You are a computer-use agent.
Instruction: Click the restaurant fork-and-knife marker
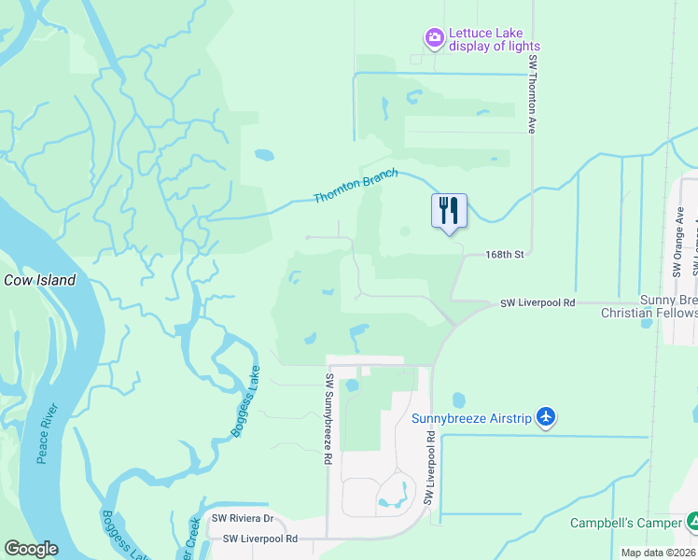tap(449, 211)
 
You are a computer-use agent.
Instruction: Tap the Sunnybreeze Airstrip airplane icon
tap(547, 417)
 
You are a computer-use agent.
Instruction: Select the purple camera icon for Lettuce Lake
tap(434, 38)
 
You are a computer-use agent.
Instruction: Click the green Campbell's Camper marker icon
tap(691, 520)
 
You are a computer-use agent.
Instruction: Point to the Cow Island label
tap(39, 280)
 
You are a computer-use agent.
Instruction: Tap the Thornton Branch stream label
tap(356, 185)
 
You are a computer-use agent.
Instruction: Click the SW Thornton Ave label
tap(533, 93)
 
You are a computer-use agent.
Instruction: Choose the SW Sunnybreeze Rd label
tap(329, 420)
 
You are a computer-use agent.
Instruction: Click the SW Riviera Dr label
tap(242, 518)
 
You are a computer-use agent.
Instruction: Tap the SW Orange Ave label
tap(678, 248)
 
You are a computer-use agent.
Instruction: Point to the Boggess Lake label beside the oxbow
tap(244, 402)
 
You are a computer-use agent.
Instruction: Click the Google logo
tap(32, 549)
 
